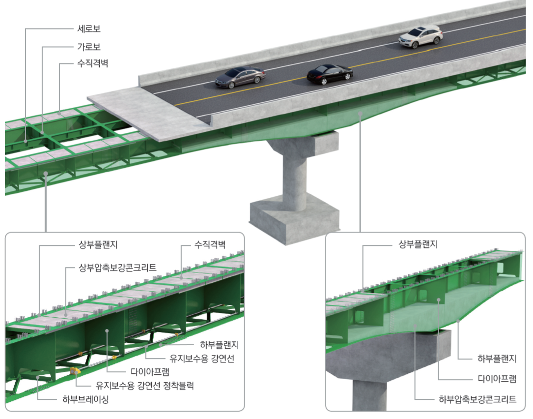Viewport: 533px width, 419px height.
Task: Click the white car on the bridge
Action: pos(421,36)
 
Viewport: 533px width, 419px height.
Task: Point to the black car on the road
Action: pos(330,74)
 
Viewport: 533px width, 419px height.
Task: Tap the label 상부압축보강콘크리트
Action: pos(117,268)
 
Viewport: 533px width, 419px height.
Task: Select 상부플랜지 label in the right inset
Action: pos(418,244)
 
